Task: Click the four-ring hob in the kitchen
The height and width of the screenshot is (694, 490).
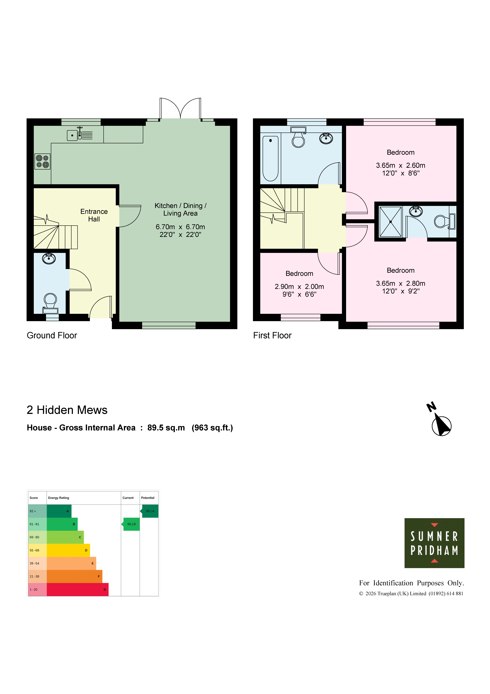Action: pyautogui.click(x=42, y=161)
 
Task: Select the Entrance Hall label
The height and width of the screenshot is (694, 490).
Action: pyautogui.click(x=94, y=215)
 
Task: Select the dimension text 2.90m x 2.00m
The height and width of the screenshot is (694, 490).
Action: pyautogui.click(x=299, y=287)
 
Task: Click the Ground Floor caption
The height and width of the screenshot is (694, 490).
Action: pyautogui.click(x=52, y=335)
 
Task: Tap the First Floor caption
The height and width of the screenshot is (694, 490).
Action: pyautogui.click(x=272, y=335)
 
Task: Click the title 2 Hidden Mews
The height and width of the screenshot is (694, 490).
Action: pyautogui.click(x=67, y=410)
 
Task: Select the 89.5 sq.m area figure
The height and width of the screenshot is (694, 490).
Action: pyautogui.click(x=166, y=428)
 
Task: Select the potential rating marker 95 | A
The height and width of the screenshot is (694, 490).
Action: pyautogui.click(x=149, y=511)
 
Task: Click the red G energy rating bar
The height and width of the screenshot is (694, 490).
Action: pyautogui.click(x=78, y=589)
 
